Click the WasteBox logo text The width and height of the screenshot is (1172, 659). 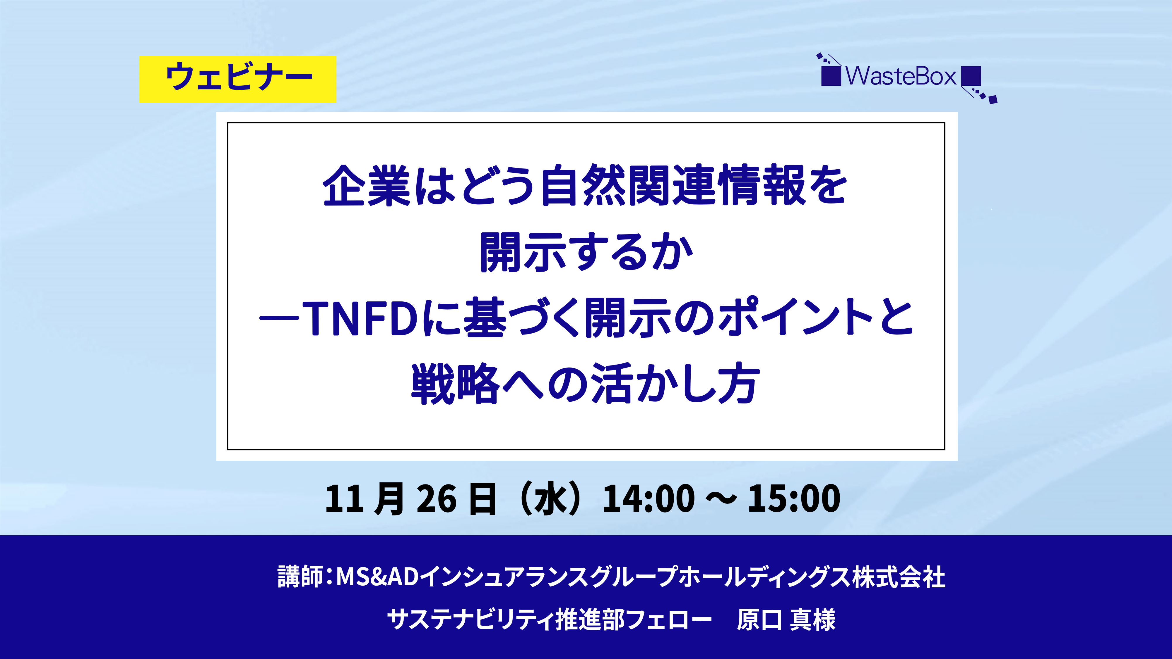[901, 76]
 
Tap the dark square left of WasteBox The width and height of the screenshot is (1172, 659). [831, 76]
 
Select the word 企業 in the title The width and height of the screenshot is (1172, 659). [366, 185]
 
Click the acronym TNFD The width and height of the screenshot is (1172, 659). [360, 318]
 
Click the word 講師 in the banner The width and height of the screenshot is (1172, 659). [300, 577]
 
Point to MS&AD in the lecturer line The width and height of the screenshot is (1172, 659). [377, 577]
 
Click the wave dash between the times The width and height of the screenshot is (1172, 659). [721, 499]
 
